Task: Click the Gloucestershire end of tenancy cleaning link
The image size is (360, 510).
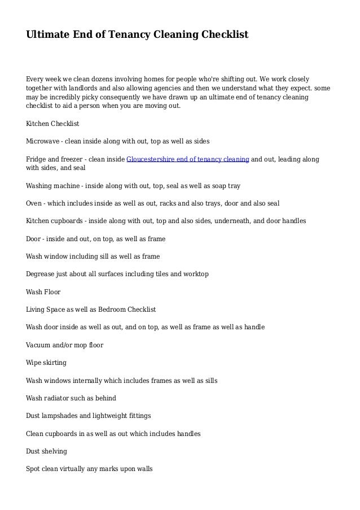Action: click(x=188, y=159)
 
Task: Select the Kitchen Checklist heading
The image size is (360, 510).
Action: click(x=53, y=123)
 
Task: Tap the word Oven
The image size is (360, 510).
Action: click(x=34, y=203)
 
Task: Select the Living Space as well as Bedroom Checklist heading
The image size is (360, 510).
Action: click(x=91, y=310)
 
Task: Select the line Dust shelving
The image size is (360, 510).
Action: click(x=46, y=451)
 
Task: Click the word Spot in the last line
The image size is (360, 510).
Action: click(x=35, y=469)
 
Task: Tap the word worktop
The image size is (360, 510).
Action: click(x=195, y=274)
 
